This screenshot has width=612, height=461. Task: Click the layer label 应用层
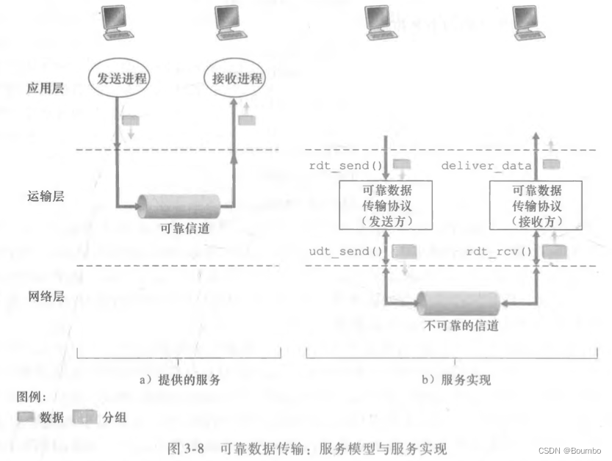tap(46, 88)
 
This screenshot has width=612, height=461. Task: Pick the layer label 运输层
tap(46, 197)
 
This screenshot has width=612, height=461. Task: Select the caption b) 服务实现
tap(456, 380)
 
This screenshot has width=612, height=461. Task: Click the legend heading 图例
tap(32, 397)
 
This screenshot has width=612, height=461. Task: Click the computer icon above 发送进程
tap(118, 23)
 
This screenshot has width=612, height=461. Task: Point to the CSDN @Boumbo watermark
tap(568, 450)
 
